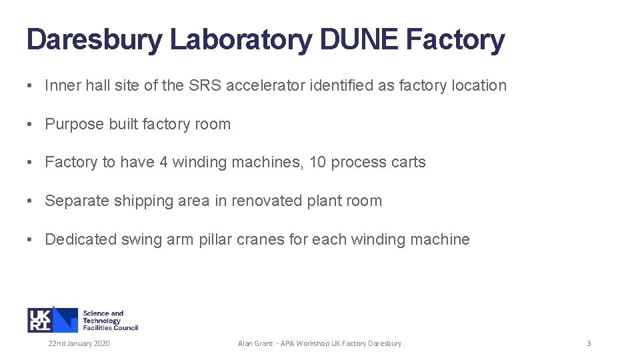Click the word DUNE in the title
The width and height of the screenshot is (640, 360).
[359, 40]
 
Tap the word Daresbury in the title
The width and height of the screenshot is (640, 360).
[93, 40]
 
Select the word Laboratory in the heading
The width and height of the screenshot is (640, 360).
[241, 40]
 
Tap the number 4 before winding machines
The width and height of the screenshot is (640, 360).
[164, 163]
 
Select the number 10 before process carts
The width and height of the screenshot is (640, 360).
[317, 163]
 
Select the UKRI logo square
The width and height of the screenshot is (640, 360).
[52, 319]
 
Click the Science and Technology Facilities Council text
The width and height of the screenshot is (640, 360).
[110, 320]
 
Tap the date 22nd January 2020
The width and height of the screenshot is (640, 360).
[79, 343]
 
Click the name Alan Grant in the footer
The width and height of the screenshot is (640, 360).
[255, 343]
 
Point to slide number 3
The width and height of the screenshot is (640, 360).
[589, 343]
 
